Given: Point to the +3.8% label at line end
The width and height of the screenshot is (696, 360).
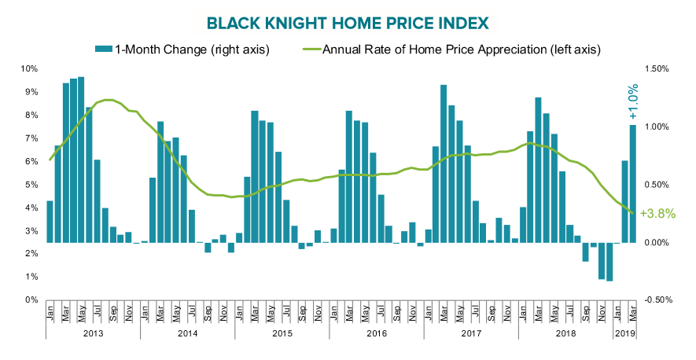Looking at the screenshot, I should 657,212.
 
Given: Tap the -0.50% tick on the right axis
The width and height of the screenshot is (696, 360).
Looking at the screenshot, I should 655,299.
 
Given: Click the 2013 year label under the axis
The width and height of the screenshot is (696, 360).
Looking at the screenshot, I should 93,332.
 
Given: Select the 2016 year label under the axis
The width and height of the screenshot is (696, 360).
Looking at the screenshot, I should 377,332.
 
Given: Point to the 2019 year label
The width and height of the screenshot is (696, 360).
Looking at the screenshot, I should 624,332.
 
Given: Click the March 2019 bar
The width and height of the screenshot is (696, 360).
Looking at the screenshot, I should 632,184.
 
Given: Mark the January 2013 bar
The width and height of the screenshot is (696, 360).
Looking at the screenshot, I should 50,222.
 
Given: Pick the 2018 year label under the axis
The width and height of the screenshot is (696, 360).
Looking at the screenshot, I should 565,332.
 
